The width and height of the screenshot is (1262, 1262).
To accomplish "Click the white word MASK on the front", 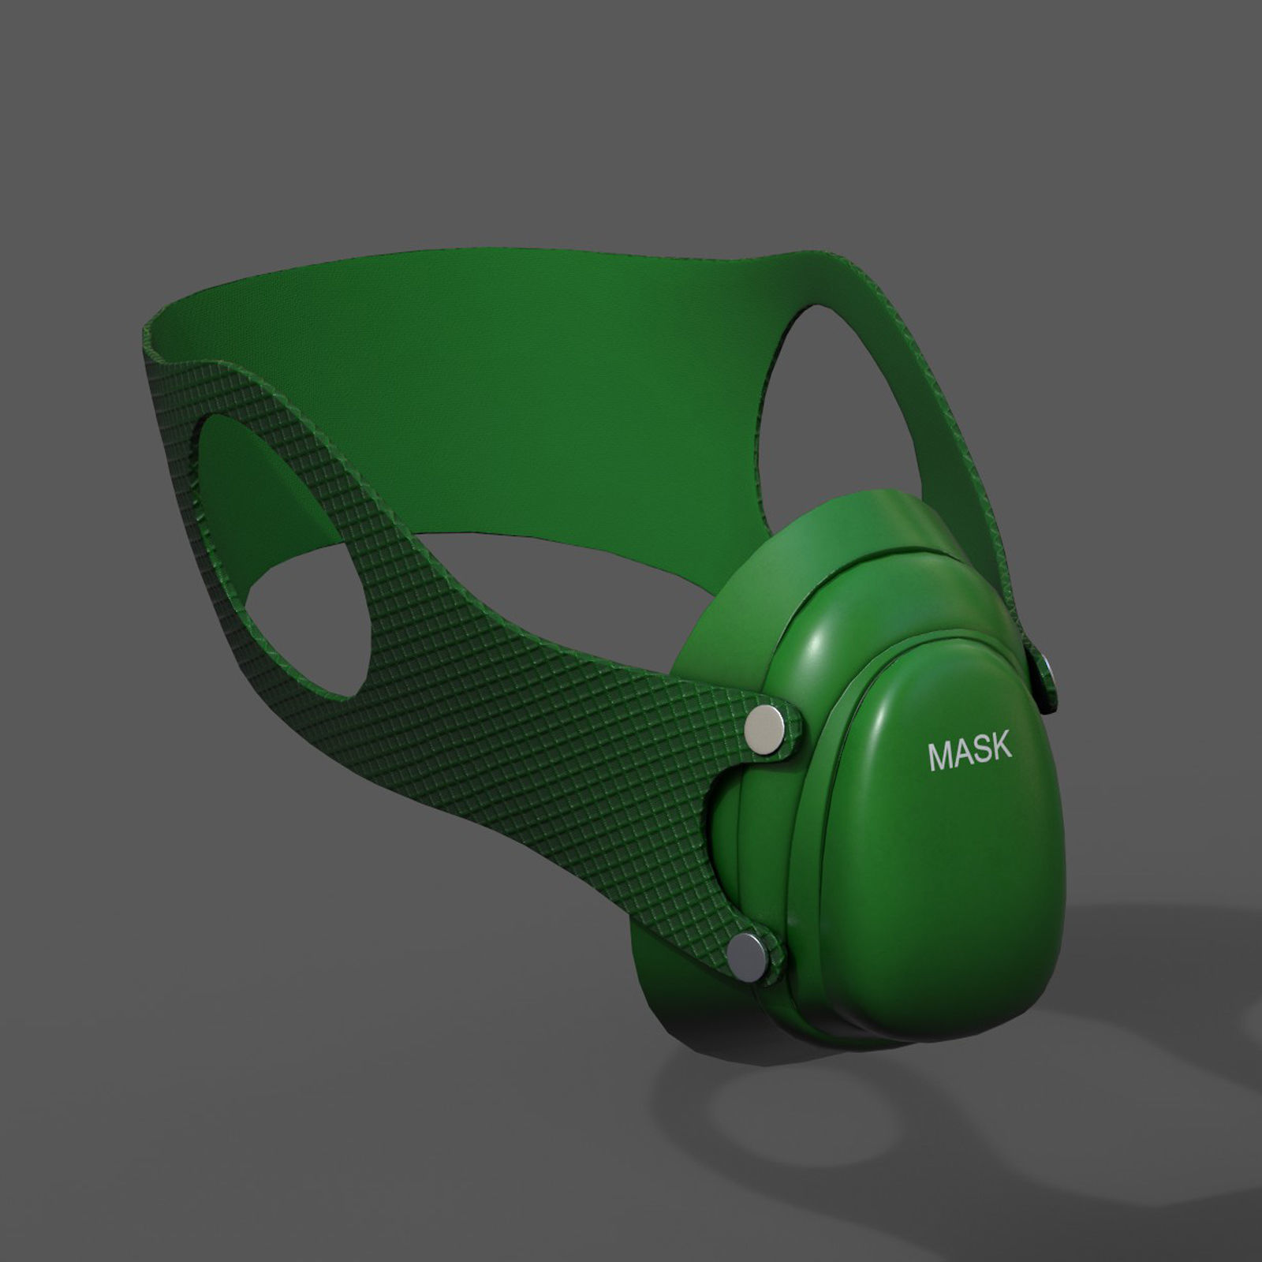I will click(x=969, y=752).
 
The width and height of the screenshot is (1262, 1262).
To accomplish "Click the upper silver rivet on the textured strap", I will click(x=765, y=726).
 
